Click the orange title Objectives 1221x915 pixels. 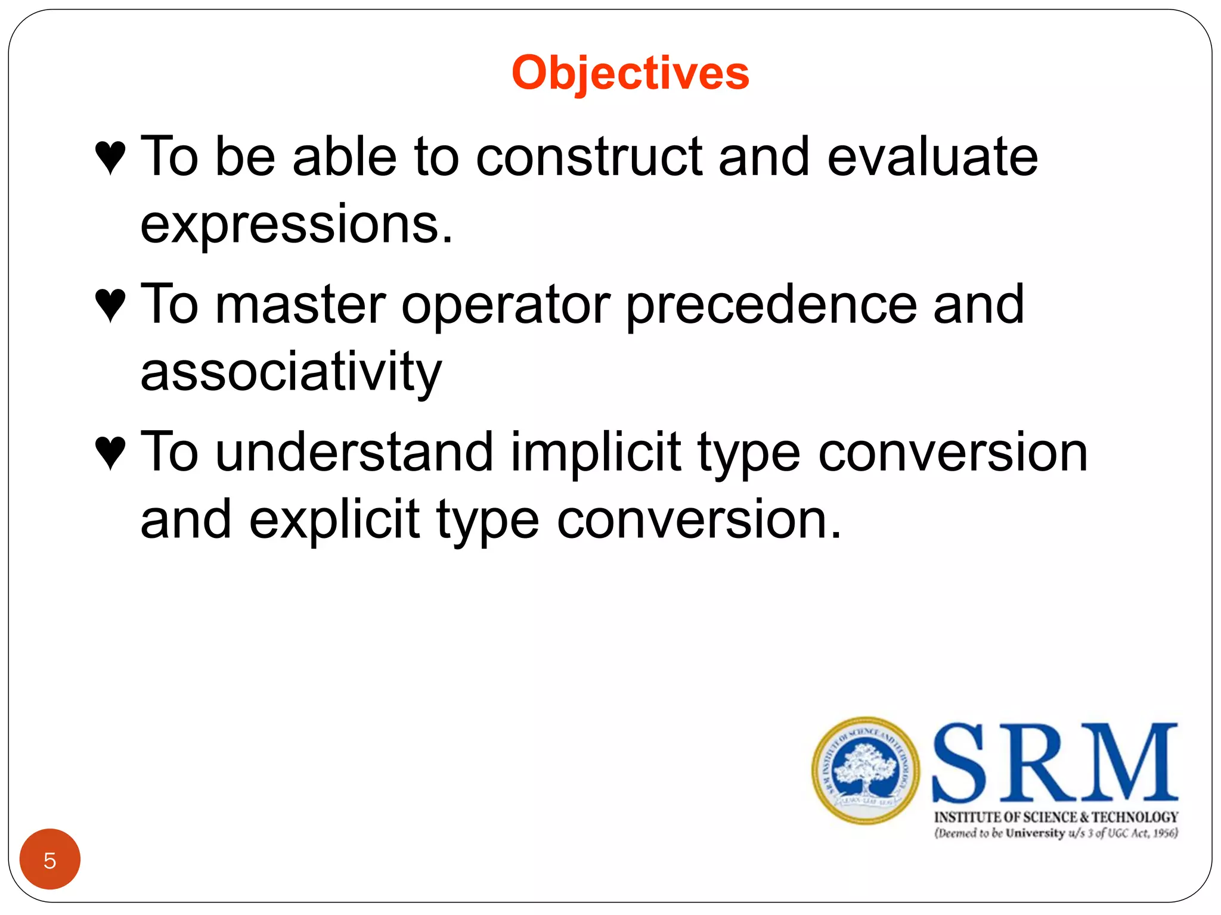[x=630, y=73]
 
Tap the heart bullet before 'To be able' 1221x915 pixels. [x=110, y=157]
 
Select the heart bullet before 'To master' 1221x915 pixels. [x=110, y=305]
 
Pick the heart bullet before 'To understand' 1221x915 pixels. [x=110, y=453]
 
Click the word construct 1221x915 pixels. [x=589, y=157]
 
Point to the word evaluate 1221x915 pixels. [x=932, y=157]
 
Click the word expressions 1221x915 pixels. [x=296, y=225]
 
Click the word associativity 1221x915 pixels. [x=291, y=372]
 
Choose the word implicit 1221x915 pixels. [x=596, y=453]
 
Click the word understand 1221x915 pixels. [x=354, y=453]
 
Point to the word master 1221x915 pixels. [x=300, y=305]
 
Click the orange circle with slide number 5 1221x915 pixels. [x=50, y=859]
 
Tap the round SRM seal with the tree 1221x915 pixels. [x=865, y=770]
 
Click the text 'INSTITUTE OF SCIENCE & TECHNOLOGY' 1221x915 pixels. [x=1056, y=817]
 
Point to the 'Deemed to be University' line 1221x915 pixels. [x=1056, y=833]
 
